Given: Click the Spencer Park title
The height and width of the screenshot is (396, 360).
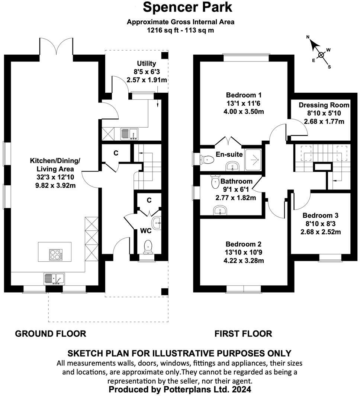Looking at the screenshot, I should coord(187,7).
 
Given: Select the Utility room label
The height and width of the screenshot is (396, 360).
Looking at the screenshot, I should coord(147,64).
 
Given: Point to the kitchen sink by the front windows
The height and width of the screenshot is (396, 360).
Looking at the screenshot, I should coord(54,278).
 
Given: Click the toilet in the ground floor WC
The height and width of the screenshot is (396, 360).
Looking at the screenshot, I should coord(148,246).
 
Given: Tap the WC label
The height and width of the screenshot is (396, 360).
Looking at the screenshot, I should coord(145,231).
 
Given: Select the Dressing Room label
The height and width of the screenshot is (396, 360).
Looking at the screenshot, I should coord(324,105).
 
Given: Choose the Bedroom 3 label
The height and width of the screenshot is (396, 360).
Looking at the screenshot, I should coord(320,215).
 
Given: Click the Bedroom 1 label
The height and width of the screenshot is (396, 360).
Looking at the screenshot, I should coord(246,95).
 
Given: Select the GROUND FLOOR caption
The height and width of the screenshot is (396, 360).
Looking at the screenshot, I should coord(51,333).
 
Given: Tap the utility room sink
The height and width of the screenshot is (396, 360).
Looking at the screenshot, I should coord(129,133).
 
